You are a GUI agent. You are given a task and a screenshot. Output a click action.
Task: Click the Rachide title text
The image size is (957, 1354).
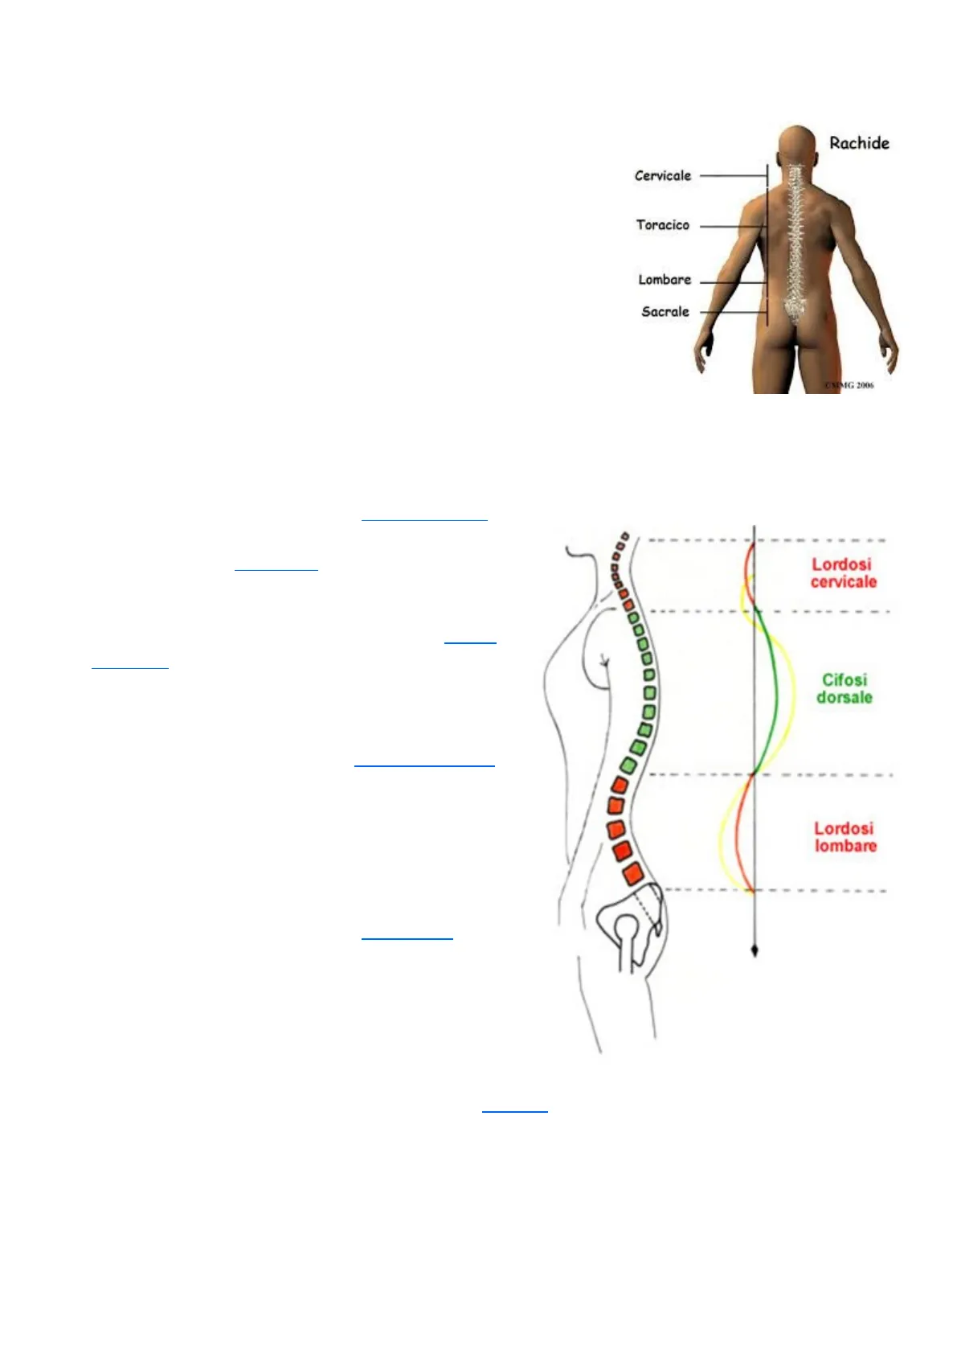859,143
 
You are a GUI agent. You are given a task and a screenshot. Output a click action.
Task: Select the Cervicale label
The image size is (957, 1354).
662,175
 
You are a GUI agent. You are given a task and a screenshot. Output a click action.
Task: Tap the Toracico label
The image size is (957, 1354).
662,225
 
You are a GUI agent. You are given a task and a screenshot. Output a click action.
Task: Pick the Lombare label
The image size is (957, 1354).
664,280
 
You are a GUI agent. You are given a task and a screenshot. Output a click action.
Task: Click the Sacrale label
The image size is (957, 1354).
665,312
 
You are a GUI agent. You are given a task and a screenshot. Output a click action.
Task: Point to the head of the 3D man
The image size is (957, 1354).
796,145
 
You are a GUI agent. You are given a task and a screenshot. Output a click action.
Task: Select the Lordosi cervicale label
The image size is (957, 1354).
842,573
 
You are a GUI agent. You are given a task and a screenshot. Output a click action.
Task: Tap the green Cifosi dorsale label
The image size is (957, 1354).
844,689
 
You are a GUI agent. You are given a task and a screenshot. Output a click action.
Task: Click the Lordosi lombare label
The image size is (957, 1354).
844,837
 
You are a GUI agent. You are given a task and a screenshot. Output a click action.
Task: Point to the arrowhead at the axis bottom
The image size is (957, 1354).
754,951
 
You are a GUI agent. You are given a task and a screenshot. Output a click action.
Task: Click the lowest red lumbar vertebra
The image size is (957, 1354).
632,873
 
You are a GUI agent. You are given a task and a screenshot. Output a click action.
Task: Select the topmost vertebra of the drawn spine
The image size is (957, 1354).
624,535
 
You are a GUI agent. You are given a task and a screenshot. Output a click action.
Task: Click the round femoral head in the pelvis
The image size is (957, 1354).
626,928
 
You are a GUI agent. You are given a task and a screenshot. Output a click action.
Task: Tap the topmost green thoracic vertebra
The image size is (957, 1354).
632,618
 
